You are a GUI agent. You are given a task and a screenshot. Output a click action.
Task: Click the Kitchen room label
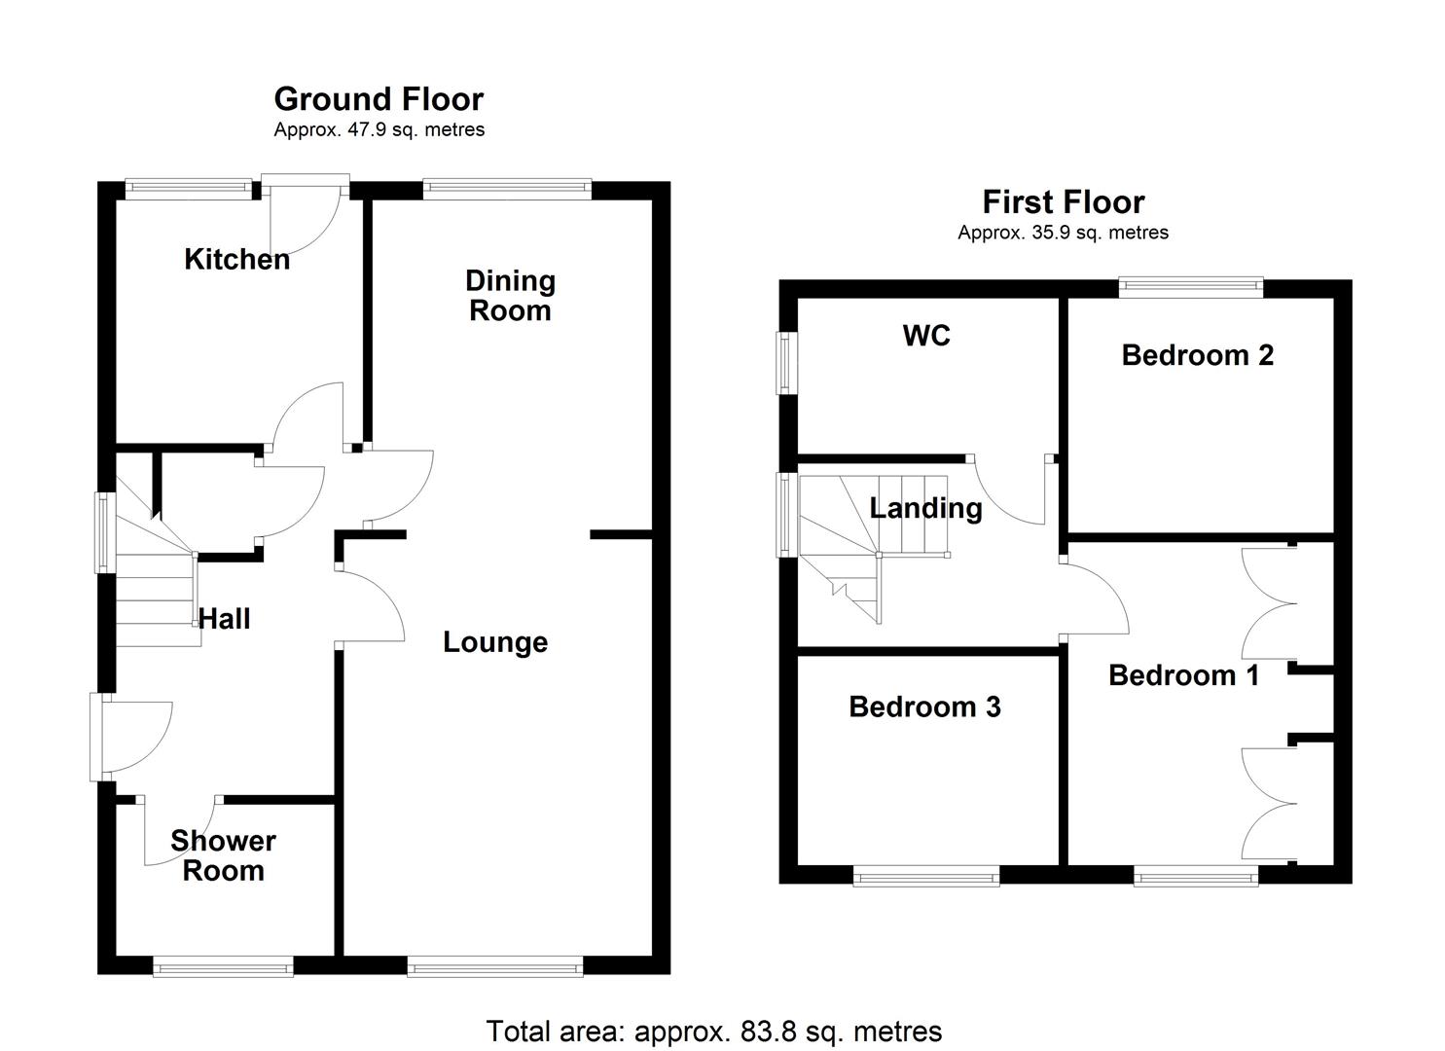[x=236, y=260]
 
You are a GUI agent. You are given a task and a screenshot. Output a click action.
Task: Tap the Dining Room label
[x=510, y=296]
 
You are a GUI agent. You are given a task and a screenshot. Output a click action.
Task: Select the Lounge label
[x=495, y=642]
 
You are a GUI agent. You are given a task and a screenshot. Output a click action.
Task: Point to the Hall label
[x=225, y=619]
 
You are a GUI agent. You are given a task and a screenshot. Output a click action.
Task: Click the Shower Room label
[x=223, y=855]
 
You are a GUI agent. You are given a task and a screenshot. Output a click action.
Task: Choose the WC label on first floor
[x=926, y=336]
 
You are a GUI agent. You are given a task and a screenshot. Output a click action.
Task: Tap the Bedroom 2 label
[x=1197, y=355]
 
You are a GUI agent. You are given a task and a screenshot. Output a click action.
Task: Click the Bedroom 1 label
[x=1183, y=675]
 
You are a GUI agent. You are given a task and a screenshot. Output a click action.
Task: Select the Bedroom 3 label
[x=924, y=707]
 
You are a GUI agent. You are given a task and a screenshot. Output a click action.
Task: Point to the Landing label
[x=925, y=508]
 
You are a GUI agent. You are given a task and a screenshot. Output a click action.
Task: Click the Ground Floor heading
[x=379, y=99]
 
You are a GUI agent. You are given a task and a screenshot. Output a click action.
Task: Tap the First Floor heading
[x=1063, y=202]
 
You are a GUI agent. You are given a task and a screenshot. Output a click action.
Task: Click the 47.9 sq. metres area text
[x=379, y=130]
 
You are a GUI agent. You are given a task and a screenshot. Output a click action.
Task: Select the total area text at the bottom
[x=713, y=1032]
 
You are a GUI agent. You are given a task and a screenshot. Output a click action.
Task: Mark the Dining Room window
[x=507, y=189]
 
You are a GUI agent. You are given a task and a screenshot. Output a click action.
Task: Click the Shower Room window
[x=223, y=966]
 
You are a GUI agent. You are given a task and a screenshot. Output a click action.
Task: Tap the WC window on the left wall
[x=784, y=364]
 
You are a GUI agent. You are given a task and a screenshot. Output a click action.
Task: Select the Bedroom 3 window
[x=926, y=877]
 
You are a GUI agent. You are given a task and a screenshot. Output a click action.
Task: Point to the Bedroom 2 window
[x=1190, y=286]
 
